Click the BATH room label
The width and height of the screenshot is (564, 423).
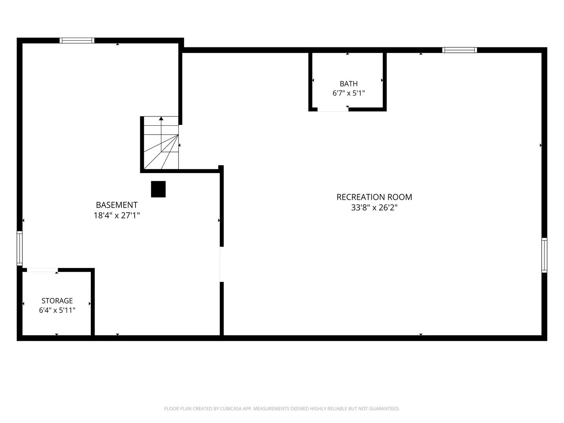[349, 84]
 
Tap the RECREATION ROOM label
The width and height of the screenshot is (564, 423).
[374, 197]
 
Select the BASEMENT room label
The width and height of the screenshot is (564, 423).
[117, 205]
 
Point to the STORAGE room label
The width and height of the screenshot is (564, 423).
[57, 300]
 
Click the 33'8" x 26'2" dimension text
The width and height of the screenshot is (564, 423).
[374, 208]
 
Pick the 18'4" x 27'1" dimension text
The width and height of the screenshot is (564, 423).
[117, 215]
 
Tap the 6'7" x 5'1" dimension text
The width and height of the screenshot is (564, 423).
[349, 93]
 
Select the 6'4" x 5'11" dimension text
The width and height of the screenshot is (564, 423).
[57, 310]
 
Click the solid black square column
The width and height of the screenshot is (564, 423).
[158, 189]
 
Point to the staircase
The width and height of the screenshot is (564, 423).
[161, 143]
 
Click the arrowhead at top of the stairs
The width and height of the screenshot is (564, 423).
[161, 118]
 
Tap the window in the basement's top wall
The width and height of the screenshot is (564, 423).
[77, 40]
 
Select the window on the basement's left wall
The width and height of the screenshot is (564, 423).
[20, 248]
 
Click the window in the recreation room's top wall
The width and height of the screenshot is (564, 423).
[459, 50]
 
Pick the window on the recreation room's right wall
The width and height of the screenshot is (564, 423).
[544, 255]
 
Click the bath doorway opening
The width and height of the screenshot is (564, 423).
[333, 110]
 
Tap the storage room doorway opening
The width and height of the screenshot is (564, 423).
[42, 270]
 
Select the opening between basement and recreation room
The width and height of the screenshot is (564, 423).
[222, 264]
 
